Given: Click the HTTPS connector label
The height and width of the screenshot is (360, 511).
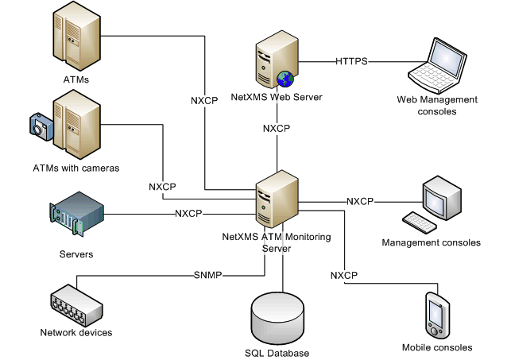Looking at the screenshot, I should (x=350, y=60).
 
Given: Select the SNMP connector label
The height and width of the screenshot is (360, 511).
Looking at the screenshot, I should (x=207, y=276).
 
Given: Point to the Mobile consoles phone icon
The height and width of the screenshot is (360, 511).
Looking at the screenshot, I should (x=438, y=315).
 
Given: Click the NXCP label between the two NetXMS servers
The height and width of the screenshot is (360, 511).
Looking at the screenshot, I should (x=276, y=128).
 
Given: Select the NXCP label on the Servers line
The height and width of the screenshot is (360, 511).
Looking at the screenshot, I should (x=188, y=213).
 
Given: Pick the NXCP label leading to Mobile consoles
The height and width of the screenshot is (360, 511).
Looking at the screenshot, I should (x=344, y=275).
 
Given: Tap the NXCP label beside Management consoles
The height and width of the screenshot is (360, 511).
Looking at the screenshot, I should (x=360, y=201).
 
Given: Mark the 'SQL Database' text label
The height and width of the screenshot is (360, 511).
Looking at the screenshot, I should (x=277, y=353).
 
